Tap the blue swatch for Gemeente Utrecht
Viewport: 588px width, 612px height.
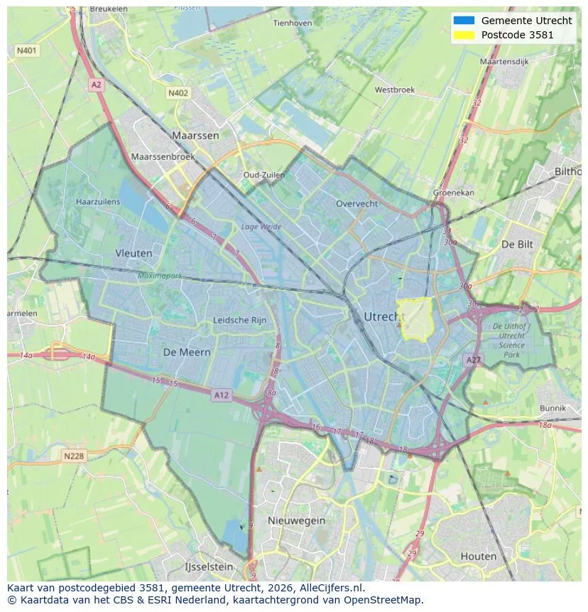(x=463, y=21)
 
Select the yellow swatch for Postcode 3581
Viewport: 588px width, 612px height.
(x=463, y=35)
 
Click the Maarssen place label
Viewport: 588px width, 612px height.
(x=195, y=135)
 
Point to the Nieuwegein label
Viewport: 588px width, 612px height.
(x=296, y=520)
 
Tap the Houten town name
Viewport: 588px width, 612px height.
(x=478, y=556)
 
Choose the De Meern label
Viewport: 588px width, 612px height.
(x=186, y=352)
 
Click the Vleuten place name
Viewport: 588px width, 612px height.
(x=134, y=252)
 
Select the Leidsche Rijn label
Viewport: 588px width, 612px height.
(x=240, y=320)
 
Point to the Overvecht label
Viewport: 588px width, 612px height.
(x=356, y=203)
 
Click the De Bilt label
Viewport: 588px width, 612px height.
(x=517, y=244)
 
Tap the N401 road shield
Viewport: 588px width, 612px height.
(x=27, y=50)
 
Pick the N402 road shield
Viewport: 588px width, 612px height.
(x=178, y=93)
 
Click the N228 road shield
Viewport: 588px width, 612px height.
(x=73, y=456)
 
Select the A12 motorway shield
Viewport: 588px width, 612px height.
(x=222, y=395)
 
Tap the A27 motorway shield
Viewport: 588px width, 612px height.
(x=473, y=360)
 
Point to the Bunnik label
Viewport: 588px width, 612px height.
(x=552, y=408)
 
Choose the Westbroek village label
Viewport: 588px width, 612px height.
(x=394, y=90)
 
